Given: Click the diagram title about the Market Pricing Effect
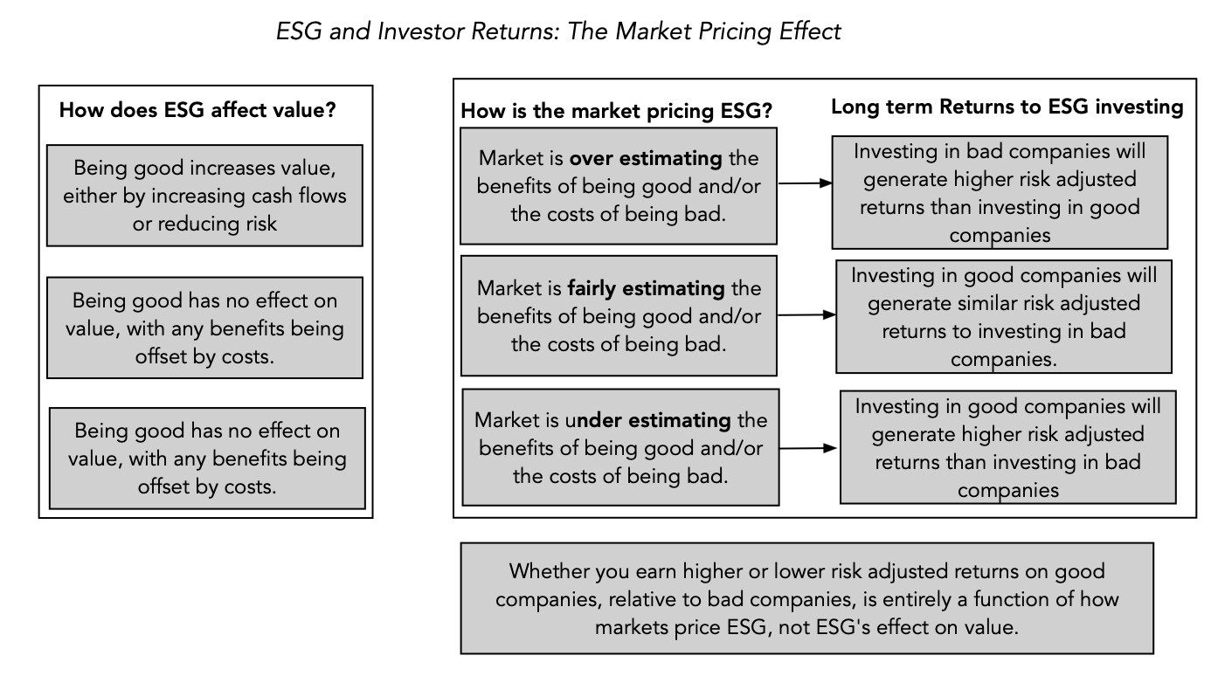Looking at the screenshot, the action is click(558, 31).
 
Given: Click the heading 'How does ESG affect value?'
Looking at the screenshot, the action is click(197, 110).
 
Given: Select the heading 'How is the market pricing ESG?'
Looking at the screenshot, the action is click(616, 111).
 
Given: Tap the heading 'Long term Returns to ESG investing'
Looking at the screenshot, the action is click(1007, 107).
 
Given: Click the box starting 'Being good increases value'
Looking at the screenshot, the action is click(205, 195).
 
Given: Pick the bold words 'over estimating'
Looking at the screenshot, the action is click(646, 158).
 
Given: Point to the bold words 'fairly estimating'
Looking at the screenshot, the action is click(646, 288).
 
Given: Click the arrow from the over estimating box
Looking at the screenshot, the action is click(805, 183).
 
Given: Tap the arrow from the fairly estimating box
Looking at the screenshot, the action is click(806, 314).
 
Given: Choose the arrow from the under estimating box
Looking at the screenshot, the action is click(808, 448).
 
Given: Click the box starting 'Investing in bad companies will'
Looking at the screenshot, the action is click(1000, 192).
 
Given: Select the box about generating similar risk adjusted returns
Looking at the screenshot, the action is click(1004, 317).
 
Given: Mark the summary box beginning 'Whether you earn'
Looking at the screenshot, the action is click(806, 598).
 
